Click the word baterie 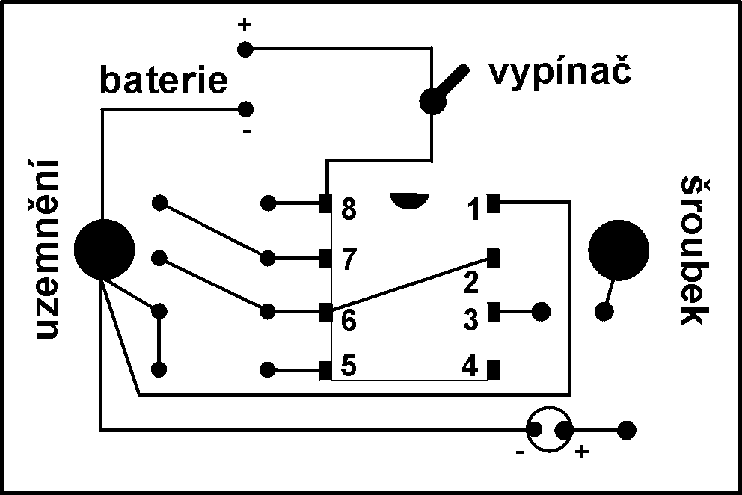(x=164, y=81)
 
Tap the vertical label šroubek (x=694, y=250)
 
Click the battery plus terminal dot (x=244, y=49)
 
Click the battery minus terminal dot (x=244, y=110)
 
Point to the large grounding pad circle (x=104, y=249)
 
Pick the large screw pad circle (x=618, y=250)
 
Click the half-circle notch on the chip (x=408, y=200)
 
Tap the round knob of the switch (x=432, y=101)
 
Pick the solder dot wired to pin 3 (x=542, y=310)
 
